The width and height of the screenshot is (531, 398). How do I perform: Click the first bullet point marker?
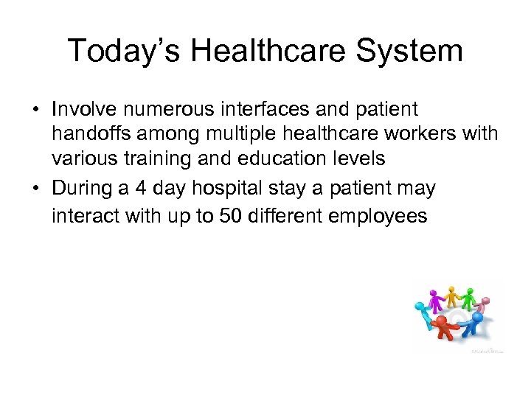35,110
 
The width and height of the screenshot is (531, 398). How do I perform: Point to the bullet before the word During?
35,189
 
